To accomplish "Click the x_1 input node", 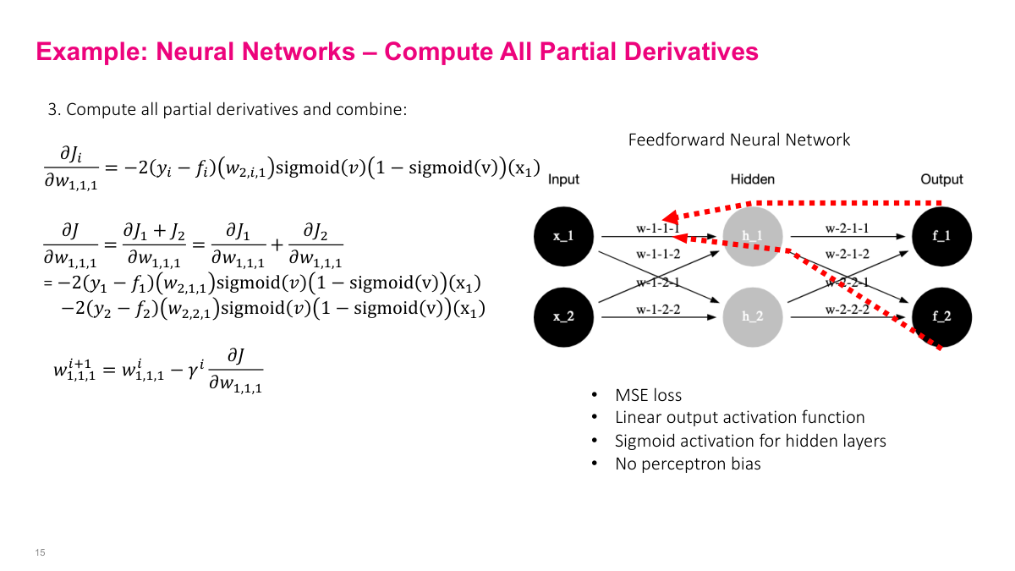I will [563, 236].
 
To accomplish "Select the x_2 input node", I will [563, 316].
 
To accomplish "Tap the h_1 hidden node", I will [753, 236].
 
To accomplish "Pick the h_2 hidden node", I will [753, 316].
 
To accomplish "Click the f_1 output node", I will [942, 236].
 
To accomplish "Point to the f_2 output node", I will [942, 316].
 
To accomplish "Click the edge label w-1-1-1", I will [658, 228].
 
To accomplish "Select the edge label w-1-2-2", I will [658, 310].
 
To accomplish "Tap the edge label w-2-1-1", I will [848, 228].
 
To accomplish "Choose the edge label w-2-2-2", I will [848, 310].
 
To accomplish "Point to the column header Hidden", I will [752, 179].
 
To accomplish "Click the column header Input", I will [563, 179].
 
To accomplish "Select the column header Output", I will [941, 179].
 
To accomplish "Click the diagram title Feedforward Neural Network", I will [738, 140].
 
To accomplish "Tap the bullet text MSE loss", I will [648, 395].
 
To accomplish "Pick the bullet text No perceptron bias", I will [688, 464].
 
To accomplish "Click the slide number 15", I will [40, 552].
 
